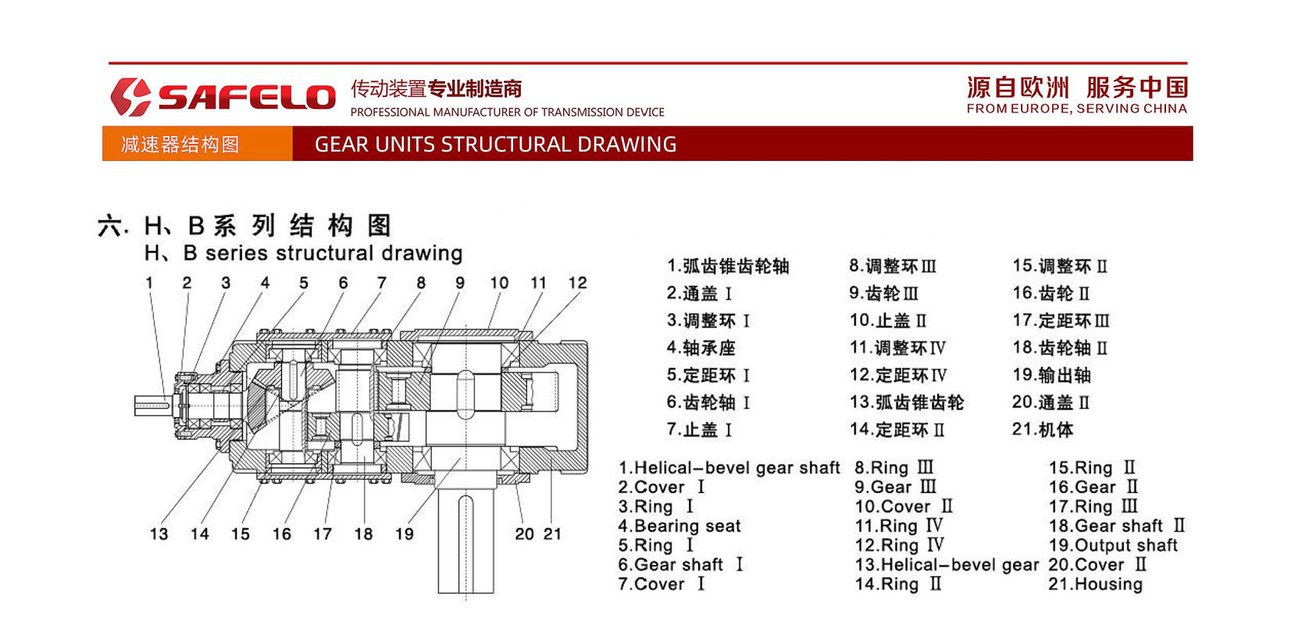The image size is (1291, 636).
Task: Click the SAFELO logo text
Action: click(x=246, y=96)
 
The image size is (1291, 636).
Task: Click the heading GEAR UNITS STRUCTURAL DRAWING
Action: click(x=495, y=144)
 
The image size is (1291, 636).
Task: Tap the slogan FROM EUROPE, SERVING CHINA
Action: click(x=1076, y=109)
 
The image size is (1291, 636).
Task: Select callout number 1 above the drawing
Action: click(x=149, y=283)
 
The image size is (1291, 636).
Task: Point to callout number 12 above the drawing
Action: click(x=577, y=283)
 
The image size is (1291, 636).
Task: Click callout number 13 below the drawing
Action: click(x=159, y=534)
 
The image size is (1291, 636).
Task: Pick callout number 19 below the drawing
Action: click(x=404, y=534)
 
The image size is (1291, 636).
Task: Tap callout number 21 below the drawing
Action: click(x=552, y=534)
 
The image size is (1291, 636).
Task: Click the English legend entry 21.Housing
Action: click(x=1095, y=584)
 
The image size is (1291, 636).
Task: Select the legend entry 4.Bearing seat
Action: click(x=679, y=526)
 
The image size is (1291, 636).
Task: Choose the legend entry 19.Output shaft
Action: click(x=1112, y=545)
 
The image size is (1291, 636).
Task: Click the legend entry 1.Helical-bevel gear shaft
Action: click(x=729, y=468)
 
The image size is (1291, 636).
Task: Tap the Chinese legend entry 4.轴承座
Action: click(x=701, y=348)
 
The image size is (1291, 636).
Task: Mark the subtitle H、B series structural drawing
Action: click(x=303, y=253)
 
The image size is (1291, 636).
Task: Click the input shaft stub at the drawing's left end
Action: click(x=152, y=405)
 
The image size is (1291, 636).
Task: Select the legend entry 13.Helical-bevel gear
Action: click(x=947, y=565)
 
